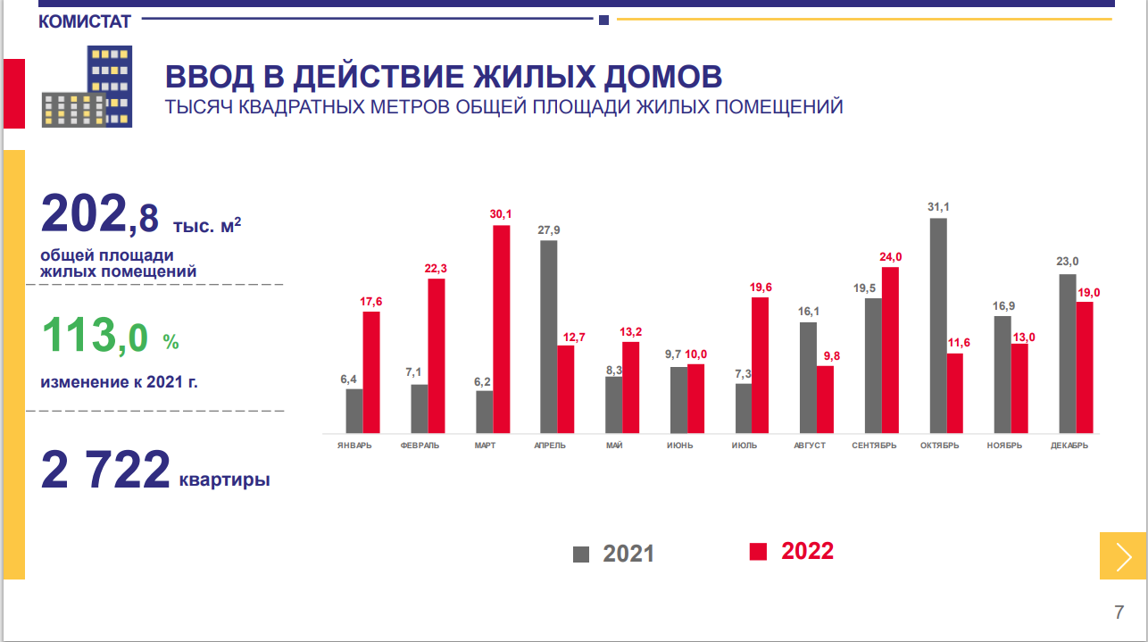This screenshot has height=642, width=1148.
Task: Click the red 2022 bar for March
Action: pyautogui.click(x=502, y=329)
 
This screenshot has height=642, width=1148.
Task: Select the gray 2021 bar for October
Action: pyautogui.click(x=938, y=325)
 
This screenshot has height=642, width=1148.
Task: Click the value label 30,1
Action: pyautogui.click(x=502, y=214)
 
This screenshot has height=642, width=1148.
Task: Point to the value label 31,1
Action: pyautogui.click(x=938, y=207)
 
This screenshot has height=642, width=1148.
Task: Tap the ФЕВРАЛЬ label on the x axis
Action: pyautogui.click(x=420, y=446)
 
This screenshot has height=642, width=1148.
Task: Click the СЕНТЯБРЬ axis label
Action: pyautogui.click(x=874, y=446)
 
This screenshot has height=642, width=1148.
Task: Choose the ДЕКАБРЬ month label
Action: pyautogui.click(x=1069, y=446)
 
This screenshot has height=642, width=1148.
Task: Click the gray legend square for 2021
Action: pyautogui.click(x=581, y=554)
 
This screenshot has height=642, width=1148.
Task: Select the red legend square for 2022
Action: pyautogui.click(x=758, y=552)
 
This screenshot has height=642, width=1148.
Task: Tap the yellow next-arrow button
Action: pyautogui.click(x=1123, y=555)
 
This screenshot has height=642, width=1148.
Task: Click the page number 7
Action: pyautogui.click(x=1119, y=613)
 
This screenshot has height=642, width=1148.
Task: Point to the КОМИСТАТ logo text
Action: pyautogui.click(x=85, y=21)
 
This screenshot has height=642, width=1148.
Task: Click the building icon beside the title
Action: pyautogui.click(x=87, y=86)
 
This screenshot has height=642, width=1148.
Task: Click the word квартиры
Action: pyautogui.click(x=224, y=480)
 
